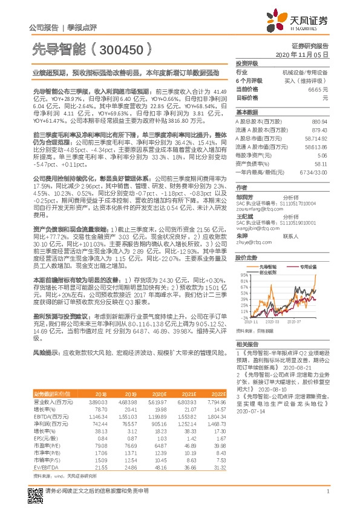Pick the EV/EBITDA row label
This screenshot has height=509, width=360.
click(45, 452)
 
